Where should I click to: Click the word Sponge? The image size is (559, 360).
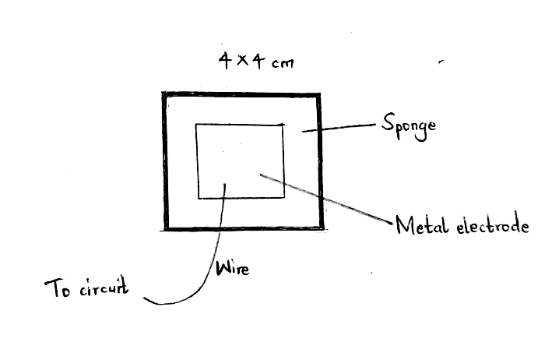click(408, 125)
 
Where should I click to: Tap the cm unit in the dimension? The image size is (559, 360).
click(281, 62)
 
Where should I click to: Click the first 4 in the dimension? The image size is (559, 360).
click(224, 59)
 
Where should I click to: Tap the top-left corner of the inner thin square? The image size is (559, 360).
click(196, 125)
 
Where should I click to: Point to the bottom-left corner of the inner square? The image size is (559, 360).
click(199, 198)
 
